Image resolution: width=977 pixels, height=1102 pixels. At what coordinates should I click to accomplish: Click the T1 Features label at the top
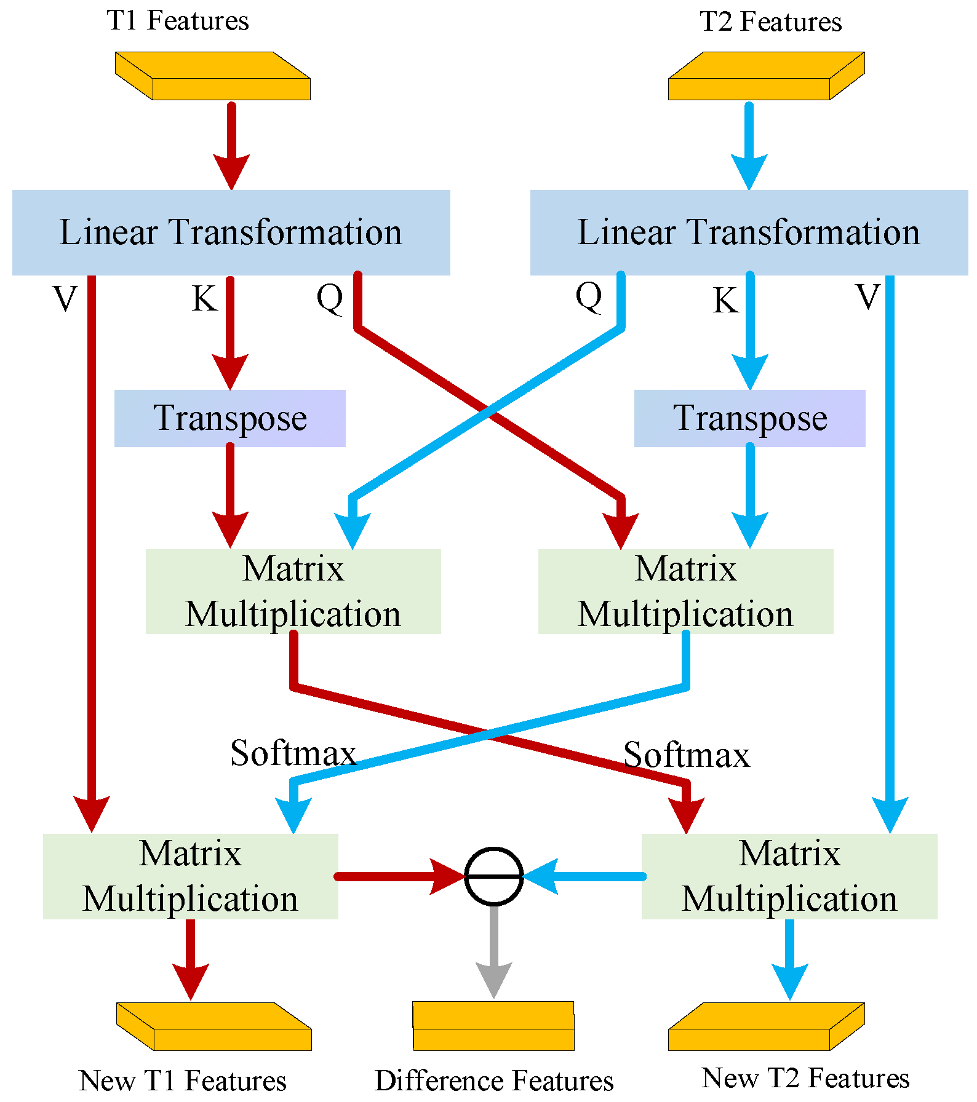178,20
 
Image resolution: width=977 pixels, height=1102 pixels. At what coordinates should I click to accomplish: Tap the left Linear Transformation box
231,232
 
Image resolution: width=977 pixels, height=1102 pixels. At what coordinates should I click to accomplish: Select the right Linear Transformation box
749,232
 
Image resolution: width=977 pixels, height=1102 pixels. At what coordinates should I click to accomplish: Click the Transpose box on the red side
229,418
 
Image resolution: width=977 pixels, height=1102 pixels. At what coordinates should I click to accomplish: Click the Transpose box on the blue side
749,418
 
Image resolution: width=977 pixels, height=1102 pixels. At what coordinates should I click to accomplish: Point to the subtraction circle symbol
494,876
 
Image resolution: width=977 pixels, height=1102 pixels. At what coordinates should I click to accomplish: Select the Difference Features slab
493,1026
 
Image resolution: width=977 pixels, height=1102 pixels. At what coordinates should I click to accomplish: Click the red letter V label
65,299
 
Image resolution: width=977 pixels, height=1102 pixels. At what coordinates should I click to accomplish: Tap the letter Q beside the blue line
589,296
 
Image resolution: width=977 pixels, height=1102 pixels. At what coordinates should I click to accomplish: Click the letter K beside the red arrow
204,299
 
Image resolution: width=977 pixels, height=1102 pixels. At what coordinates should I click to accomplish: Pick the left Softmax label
293,753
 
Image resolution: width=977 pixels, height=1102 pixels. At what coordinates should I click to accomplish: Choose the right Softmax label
687,755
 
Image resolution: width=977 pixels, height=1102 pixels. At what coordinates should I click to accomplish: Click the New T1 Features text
183,1080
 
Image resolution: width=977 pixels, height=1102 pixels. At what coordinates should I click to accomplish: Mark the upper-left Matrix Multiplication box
293,591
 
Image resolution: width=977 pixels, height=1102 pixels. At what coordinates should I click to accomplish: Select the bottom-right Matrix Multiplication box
789,876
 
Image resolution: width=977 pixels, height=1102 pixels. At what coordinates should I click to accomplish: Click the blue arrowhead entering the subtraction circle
541,876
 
